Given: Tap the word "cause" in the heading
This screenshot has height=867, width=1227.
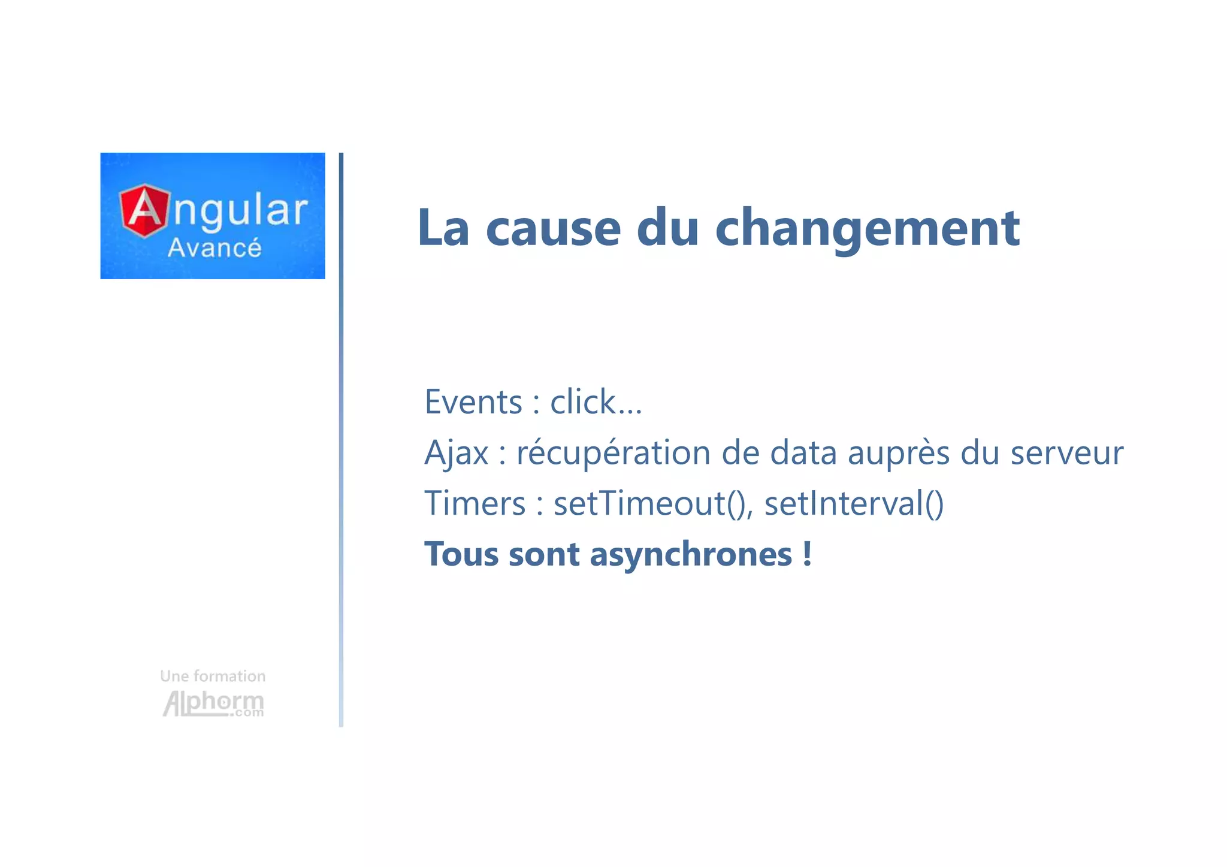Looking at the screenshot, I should click(553, 229).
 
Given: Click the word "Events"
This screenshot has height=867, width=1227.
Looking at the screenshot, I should click(473, 402).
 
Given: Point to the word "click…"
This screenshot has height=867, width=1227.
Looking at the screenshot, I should click(596, 402).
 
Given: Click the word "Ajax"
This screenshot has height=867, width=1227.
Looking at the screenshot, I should click(457, 453).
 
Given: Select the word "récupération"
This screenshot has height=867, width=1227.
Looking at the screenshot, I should click(613, 453).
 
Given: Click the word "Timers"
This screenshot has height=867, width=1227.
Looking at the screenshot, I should click(475, 503).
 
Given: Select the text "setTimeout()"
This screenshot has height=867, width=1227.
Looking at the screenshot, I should click(651, 503).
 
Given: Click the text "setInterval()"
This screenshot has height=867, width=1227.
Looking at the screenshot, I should click(854, 503).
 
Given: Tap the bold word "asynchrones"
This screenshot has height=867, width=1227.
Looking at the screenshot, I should click(691, 555).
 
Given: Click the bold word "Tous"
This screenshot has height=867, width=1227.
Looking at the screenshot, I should click(461, 554).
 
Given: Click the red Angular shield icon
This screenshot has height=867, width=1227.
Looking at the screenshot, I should click(144, 210).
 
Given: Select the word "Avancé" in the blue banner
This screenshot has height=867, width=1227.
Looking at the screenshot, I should click(214, 248).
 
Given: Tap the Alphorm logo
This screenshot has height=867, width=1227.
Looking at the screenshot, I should click(213, 703).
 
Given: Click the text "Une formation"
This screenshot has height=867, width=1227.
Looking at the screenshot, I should click(213, 676).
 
